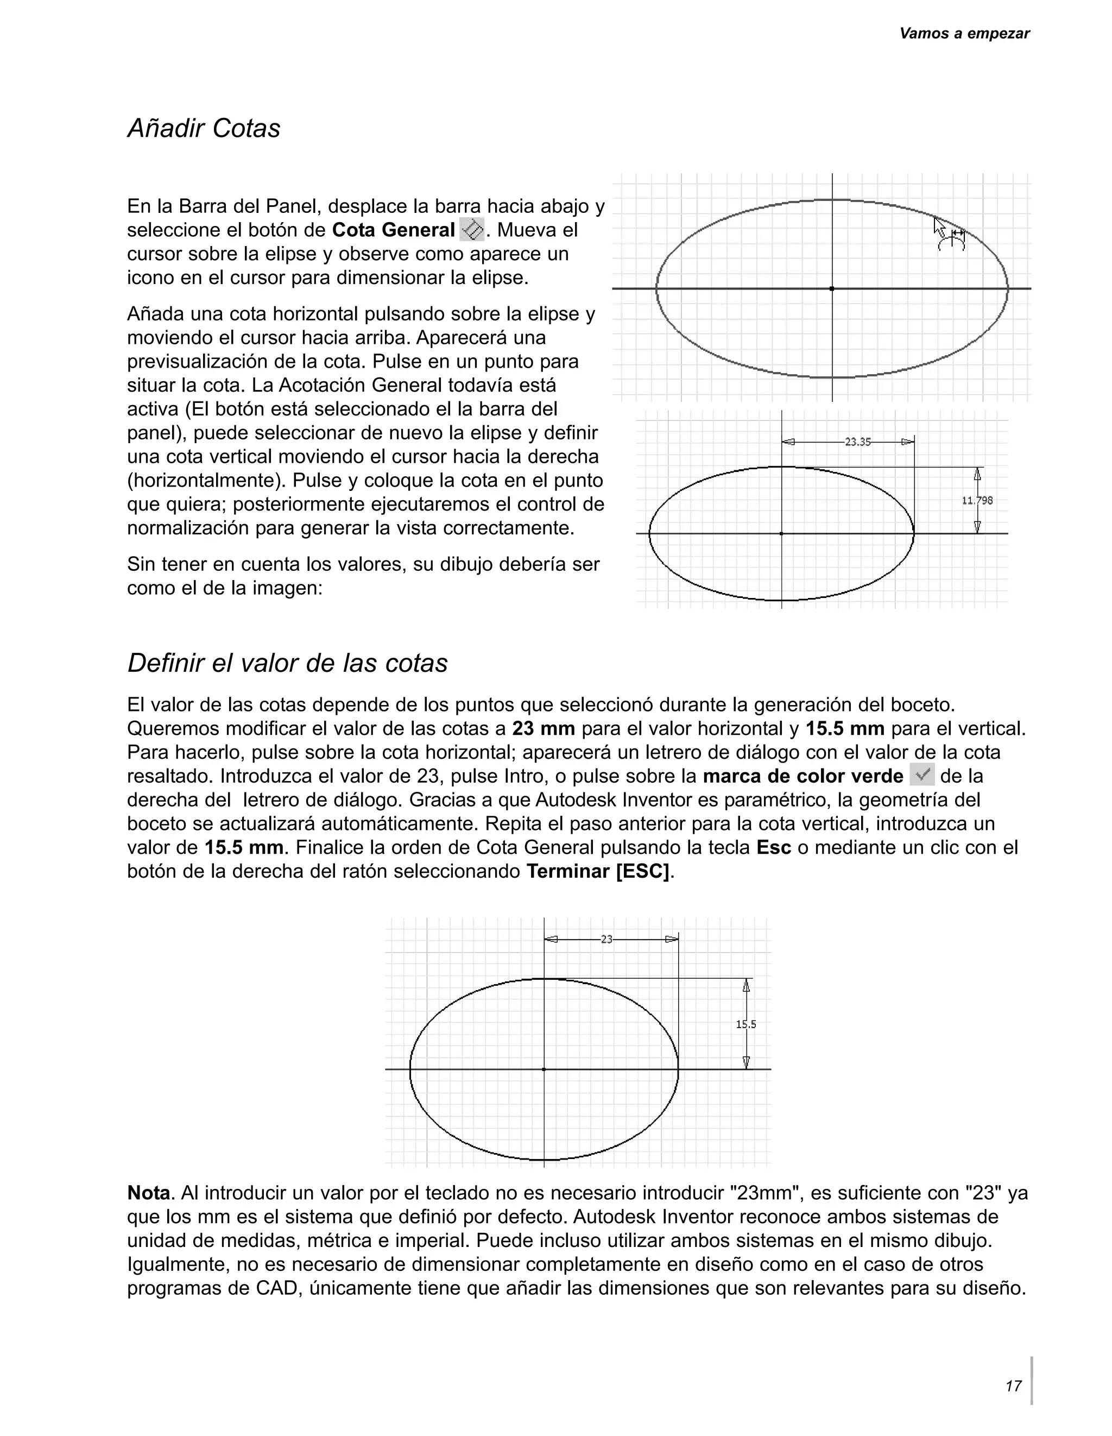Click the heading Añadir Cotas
(204, 128)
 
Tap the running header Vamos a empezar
(963, 34)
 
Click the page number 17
(1013, 1385)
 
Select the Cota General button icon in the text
(472, 230)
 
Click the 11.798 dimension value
(977, 500)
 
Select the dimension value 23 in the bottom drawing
(606, 939)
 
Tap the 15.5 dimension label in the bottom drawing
(746, 1024)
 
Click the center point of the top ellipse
(832, 288)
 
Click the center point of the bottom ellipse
(544, 1069)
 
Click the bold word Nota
(149, 1193)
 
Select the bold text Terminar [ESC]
(599, 871)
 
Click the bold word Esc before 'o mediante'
(774, 847)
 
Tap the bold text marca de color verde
(803, 777)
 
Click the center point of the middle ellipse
(781, 534)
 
